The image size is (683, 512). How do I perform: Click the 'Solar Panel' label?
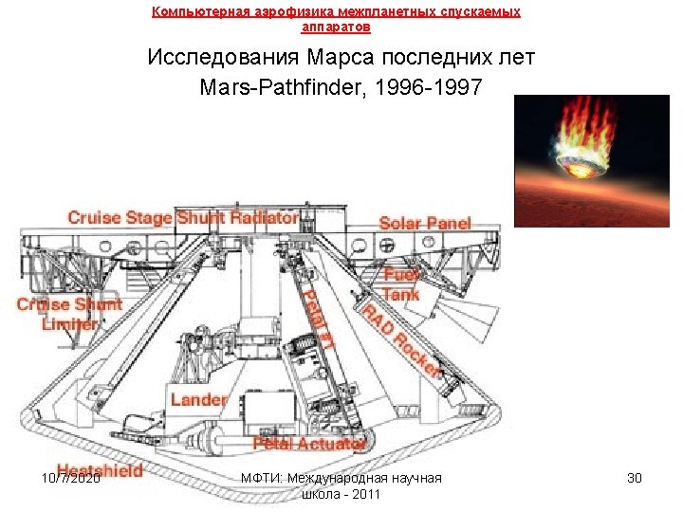(x=425, y=224)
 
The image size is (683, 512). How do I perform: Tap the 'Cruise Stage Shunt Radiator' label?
(x=183, y=218)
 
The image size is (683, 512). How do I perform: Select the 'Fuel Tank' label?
(x=401, y=284)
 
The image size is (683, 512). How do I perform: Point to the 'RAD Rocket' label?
(x=399, y=336)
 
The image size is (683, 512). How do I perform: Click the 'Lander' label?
(x=198, y=400)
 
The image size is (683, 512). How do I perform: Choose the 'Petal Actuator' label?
(x=309, y=443)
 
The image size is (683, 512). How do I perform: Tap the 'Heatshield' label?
(x=100, y=470)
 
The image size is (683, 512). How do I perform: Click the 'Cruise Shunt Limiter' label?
(x=69, y=314)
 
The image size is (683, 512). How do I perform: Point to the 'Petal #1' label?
(x=317, y=320)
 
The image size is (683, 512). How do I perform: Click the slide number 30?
(x=635, y=478)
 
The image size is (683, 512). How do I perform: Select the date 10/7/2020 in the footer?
(x=72, y=478)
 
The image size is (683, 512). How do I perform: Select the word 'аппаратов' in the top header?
(x=336, y=27)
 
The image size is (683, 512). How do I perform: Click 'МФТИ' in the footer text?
(x=260, y=478)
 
